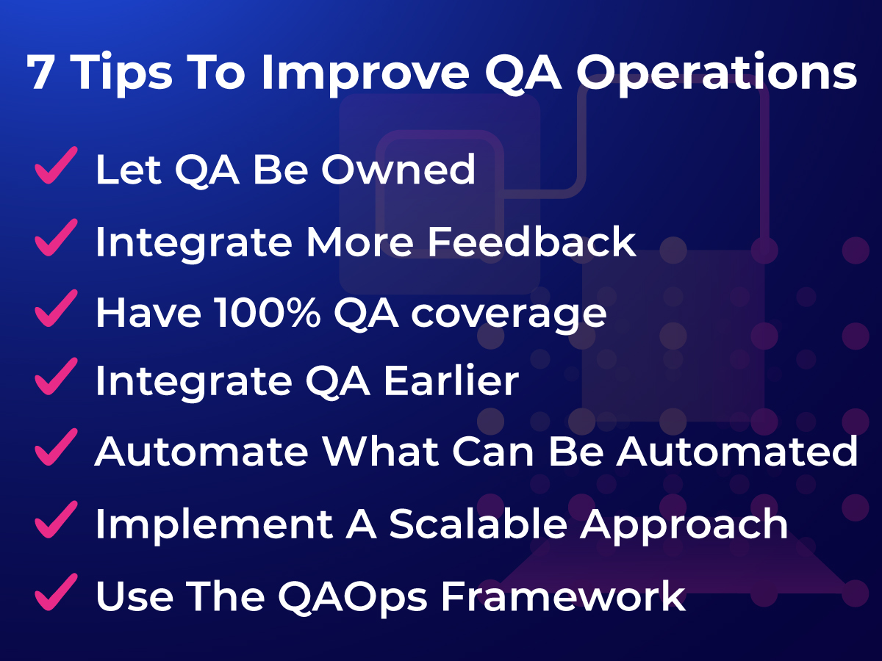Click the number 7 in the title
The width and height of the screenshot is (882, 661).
42,72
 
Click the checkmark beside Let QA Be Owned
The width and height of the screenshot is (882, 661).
56,165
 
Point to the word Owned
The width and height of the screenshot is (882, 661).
398,169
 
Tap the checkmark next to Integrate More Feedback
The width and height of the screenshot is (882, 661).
56,237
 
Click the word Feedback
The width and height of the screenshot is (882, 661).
531,241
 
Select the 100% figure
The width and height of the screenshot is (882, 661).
268,312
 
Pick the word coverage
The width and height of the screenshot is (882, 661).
509,315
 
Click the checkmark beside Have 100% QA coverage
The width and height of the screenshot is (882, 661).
56,308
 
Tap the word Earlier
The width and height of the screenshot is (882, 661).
451,380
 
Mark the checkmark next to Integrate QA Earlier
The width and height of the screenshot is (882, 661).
56,377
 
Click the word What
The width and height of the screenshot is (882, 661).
381,451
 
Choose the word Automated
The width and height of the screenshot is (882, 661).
737,451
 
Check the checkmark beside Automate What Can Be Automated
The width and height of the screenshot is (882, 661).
56,447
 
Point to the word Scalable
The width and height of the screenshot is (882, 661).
478,523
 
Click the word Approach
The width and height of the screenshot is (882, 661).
684,526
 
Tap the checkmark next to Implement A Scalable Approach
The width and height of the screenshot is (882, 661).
56,519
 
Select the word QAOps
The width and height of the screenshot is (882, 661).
352,598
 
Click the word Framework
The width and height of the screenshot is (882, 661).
563,596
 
